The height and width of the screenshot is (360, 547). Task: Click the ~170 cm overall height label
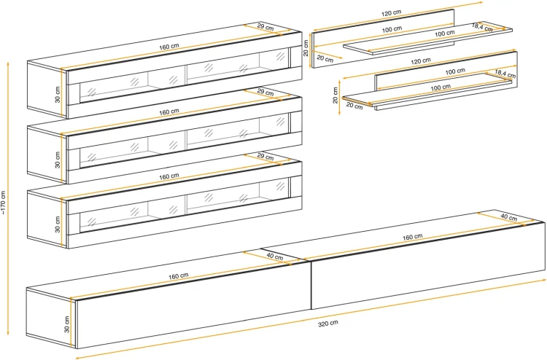click(x=4, y=203)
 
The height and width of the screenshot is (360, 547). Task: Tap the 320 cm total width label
click(x=328, y=324)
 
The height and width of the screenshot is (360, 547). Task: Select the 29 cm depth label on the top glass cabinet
click(x=265, y=27)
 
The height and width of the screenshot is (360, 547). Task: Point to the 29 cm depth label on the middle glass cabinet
click(x=265, y=93)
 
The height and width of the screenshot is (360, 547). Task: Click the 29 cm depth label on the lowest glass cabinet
click(x=265, y=157)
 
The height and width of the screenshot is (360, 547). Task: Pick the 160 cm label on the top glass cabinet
click(x=169, y=47)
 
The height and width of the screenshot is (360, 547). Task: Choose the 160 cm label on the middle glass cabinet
click(x=169, y=112)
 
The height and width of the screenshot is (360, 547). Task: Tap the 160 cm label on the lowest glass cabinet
click(x=169, y=176)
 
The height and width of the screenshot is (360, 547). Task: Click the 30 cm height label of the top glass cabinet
click(x=58, y=95)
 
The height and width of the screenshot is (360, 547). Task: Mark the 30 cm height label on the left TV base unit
click(x=67, y=324)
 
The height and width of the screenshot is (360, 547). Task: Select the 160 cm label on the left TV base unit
click(x=179, y=276)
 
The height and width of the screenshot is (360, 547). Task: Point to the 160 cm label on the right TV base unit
click(x=413, y=238)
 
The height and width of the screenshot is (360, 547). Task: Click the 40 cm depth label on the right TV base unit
click(x=509, y=217)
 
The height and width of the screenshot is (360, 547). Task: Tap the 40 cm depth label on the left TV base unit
click(x=275, y=257)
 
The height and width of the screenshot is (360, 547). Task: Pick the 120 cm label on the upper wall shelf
click(x=392, y=13)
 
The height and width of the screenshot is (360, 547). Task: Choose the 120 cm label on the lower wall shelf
click(x=421, y=61)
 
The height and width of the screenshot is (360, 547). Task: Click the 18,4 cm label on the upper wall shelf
click(x=482, y=27)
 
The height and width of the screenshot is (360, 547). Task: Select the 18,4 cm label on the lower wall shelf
click(x=505, y=74)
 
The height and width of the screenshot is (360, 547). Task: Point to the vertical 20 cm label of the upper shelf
click(x=306, y=48)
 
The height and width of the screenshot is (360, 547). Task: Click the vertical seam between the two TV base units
click(x=311, y=285)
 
